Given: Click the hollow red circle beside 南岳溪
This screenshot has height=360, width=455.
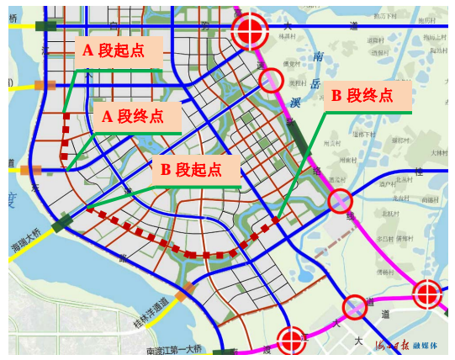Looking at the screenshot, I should point(270,80).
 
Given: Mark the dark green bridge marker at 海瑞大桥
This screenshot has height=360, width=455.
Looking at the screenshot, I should point(63,225).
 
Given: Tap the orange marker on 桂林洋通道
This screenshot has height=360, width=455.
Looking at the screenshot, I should point(186,290).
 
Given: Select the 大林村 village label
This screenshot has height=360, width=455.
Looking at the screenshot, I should point(440,152).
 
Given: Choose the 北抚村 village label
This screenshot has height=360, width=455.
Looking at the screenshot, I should point(392,214).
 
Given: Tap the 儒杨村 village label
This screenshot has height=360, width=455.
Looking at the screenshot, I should point(295,61).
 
